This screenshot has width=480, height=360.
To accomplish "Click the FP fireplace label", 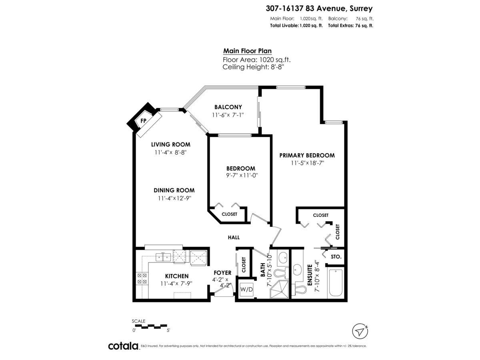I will [x=143, y=120].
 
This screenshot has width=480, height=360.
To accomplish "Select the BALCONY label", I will [x=228, y=107].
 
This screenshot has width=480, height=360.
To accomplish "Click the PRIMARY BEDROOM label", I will [x=307, y=155].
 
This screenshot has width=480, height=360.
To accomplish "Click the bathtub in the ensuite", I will [x=336, y=283].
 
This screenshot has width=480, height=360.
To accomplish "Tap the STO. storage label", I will [x=336, y=256].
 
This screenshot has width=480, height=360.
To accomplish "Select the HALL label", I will [x=234, y=237].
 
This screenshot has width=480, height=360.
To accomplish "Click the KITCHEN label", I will [x=177, y=276].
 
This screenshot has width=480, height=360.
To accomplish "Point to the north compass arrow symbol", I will [x=360, y=331].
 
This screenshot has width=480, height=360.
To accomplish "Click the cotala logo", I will [x=123, y=346].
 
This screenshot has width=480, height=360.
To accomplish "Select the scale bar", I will [x=151, y=326].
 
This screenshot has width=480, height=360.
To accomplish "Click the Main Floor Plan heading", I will [x=247, y=51].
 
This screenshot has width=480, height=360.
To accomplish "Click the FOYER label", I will [x=222, y=273].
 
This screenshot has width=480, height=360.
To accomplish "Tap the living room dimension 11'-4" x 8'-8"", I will [x=170, y=152].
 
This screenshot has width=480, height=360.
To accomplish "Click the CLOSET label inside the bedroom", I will [x=229, y=214].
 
